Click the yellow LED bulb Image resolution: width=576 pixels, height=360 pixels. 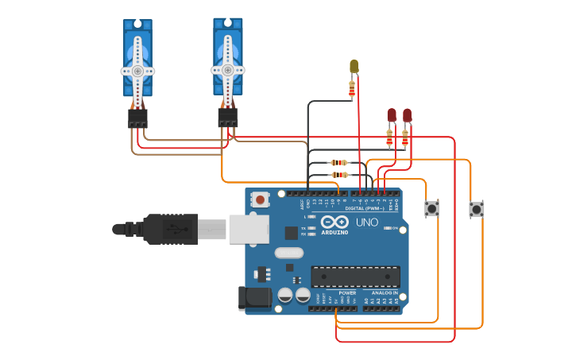pos(354,66)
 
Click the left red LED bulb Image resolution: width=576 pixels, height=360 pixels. pos(391,115)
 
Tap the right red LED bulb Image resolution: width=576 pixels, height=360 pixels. pos(407,115)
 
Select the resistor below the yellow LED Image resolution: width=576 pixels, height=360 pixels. pos(352,89)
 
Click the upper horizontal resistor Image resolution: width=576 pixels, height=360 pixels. pos(339,162)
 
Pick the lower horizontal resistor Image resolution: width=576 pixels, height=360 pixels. pos(339,174)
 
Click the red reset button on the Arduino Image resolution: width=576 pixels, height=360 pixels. pos(260,199)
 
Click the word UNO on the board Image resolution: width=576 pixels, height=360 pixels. pos(367,223)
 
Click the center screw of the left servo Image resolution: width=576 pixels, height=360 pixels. pos(137,71)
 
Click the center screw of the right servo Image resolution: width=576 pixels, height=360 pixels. pos(227,70)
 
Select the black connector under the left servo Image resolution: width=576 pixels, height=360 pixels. pos(137,119)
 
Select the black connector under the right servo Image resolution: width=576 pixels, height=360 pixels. pos(228,118)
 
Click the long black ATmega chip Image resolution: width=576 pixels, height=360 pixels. pos(355,277)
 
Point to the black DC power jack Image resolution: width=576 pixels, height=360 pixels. pos(253,298)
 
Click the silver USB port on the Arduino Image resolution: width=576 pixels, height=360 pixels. pos(248,228)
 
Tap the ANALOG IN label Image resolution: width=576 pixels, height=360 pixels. pos(385,292)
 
